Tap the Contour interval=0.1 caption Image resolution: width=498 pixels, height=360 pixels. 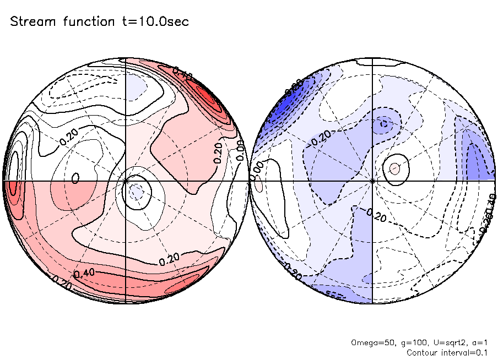coord(447,352)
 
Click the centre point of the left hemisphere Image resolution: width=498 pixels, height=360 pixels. coord(126,180)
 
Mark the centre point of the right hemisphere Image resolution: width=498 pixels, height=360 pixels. coord(373,180)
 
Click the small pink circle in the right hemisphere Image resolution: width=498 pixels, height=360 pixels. coord(394,167)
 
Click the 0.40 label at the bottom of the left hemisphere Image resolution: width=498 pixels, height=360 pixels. coord(85,273)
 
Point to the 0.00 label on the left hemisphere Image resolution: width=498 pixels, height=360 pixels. coord(240,150)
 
